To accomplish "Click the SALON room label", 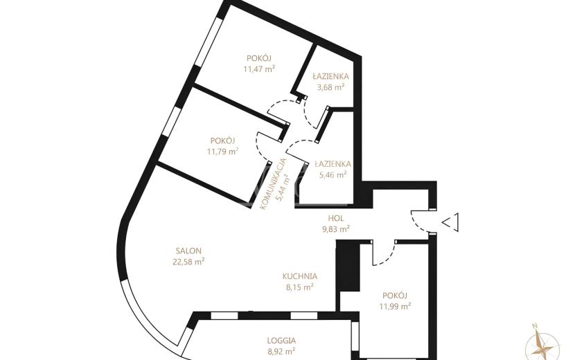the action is coord(188,251).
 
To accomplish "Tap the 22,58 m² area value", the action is coord(188,262).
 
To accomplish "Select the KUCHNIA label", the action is coord(299,276).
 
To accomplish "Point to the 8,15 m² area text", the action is coord(299,287).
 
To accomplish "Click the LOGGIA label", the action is coord(282,341).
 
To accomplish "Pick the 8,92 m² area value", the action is coord(282,351).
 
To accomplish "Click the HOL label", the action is coord(335,219).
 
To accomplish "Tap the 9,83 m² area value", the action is coord(335,229).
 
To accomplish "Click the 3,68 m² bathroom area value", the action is coord(330,87).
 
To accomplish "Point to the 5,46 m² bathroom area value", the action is coord(333,175).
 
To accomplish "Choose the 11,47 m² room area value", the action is coord(259,69).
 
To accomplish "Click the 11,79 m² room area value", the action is coord(222,151).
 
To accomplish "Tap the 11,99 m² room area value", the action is coord(395,306).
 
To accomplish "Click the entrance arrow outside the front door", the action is coord(450,222).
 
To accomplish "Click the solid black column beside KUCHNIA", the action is coord(348,266).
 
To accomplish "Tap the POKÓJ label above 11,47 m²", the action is coord(259,58).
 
